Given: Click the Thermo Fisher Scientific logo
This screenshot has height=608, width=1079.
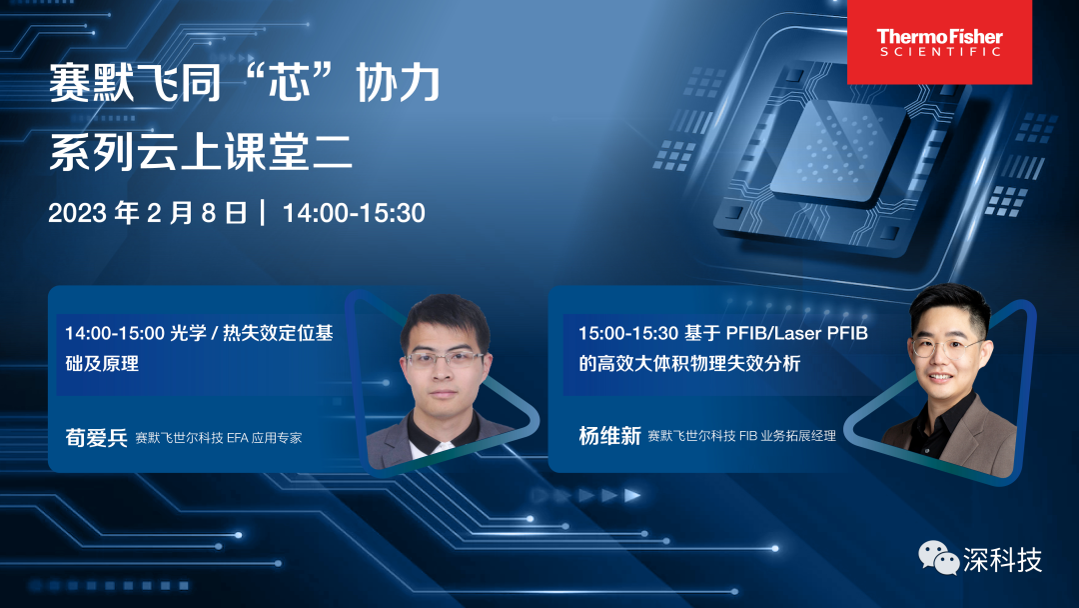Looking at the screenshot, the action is click(x=939, y=42).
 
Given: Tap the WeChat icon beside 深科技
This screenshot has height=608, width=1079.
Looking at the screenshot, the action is click(x=938, y=558).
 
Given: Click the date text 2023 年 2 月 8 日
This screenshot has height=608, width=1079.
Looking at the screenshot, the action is click(x=148, y=213).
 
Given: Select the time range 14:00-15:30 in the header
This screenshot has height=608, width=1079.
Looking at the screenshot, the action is click(x=354, y=213).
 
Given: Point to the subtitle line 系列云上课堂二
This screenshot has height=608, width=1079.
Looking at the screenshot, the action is click(x=201, y=151).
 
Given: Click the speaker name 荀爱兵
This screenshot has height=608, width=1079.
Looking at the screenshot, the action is click(x=96, y=437).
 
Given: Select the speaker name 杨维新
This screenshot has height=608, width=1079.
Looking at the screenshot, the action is click(x=609, y=436).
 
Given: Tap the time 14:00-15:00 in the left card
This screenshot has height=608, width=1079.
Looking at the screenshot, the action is click(x=115, y=333).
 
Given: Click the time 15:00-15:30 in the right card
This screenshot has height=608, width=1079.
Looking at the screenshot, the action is click(x=628, y=333).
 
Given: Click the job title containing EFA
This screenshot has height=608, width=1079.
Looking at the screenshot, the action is click(x=218, y=438).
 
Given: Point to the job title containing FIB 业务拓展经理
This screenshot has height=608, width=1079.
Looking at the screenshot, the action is click(x=741, y=436).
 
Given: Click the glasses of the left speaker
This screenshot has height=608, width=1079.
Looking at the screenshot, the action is click(x=445, y=359).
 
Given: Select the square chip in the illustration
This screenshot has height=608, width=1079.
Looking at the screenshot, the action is click(x=836, y=151).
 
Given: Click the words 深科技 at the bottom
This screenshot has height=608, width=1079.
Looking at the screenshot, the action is click(x=1002, y=560).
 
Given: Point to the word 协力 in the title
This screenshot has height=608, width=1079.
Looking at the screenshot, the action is click(x=398, y=83).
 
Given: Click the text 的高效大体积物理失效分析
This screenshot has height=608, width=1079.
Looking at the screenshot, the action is click(x=689, y=364).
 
